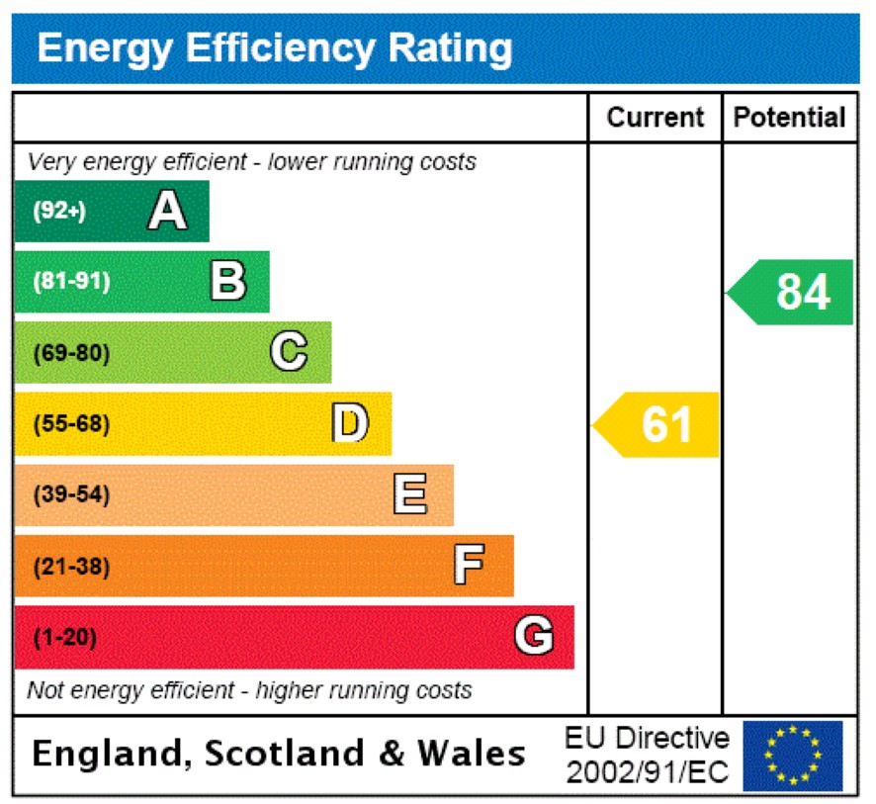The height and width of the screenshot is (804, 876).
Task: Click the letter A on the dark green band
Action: tap(167, 211)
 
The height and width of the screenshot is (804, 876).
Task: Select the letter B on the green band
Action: tap(228, 281)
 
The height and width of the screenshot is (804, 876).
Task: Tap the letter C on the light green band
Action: tap(289, 352)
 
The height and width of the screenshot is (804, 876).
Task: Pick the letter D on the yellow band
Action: tap(350, 423)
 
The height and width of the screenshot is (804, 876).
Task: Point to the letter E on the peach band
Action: tap(410, 494)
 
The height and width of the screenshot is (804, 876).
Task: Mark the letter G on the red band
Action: tap(534, 637)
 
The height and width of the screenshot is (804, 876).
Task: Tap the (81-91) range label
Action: tap(72, 282)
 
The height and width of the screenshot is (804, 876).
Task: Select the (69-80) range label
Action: tap(72, 353)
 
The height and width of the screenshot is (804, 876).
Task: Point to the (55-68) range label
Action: tap(72, 424)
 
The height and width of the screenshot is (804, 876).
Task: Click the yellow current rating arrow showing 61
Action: tap(657, 424)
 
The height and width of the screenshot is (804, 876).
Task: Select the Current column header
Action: tap(656, 118)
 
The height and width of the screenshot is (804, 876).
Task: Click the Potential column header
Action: tap(790, 118)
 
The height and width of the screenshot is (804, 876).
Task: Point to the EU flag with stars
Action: tap(793, 756)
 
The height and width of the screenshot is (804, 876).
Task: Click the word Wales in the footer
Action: tap(471, 755)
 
